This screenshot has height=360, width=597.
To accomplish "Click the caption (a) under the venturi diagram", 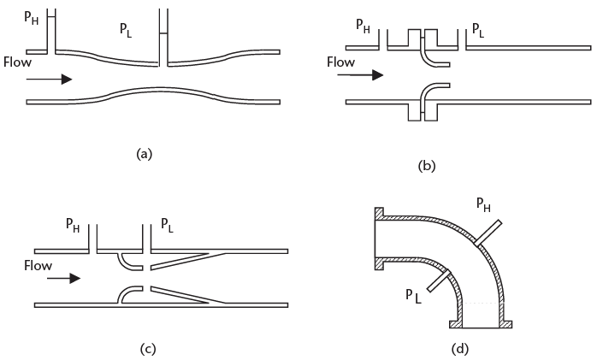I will tap(144, 154).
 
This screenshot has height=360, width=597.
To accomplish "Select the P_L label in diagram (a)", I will tap(128, 30).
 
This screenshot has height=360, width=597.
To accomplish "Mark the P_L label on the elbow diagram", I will tap(415, 296).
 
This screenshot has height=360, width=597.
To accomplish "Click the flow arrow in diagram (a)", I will tap(49, 79).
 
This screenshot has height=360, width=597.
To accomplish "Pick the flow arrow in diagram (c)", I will tap(63, 278).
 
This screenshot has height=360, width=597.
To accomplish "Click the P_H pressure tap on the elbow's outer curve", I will tap(489, 231).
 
